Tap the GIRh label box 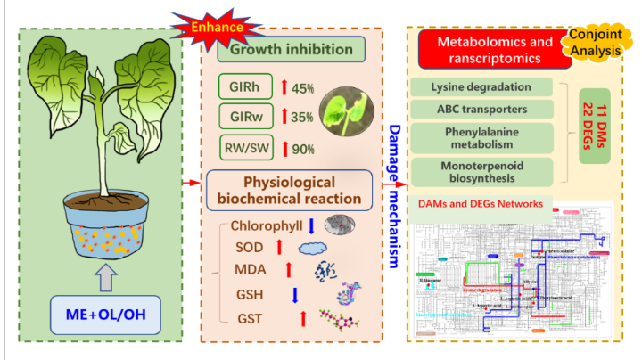tap(246, 88)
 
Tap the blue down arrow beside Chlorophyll tap(310, 226)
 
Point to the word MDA tap(249, 267)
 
